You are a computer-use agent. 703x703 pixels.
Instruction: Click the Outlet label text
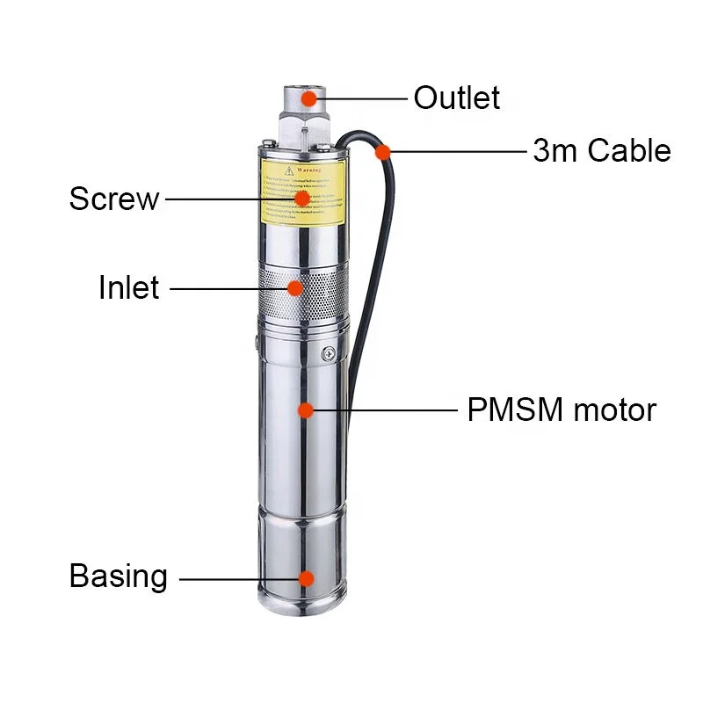456,98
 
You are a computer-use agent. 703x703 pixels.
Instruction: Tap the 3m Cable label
601,150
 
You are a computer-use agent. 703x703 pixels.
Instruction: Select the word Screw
114,199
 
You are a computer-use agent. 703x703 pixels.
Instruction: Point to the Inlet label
128,287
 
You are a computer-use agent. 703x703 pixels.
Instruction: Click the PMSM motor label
561,409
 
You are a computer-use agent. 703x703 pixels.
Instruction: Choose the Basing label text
118,576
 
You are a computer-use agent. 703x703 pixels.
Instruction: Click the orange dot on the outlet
308,98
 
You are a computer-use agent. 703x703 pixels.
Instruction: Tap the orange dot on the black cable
382,152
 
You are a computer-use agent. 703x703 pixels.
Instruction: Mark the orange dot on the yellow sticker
301,199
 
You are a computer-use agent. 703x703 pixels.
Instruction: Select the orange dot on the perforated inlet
296,287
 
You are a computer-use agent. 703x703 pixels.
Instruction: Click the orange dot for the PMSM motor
305,409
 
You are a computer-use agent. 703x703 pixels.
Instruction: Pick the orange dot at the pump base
305,578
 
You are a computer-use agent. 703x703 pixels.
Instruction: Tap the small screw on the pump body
329,354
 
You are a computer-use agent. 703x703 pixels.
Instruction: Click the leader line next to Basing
237,578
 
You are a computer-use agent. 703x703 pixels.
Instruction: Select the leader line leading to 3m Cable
457,152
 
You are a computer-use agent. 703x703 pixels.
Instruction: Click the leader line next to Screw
228,199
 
